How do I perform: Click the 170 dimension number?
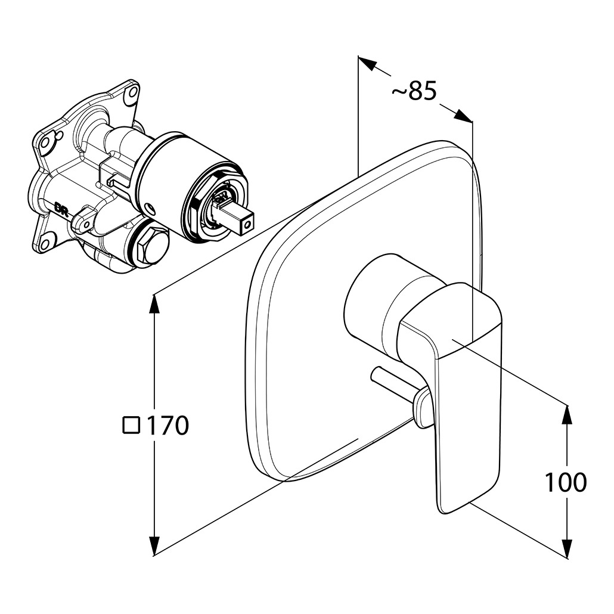tap(168, 426)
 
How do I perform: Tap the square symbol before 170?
tap(131, 425)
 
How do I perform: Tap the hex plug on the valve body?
tap(150, 246)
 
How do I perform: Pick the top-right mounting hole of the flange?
tap(133, 92)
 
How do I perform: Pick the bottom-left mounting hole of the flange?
tap(45, 243)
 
